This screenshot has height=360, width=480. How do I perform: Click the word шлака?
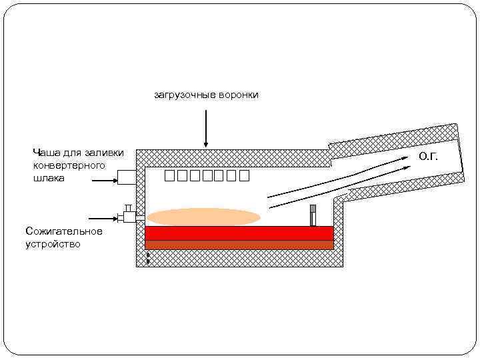coord(49,178)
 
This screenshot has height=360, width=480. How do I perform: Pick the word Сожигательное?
coord(63,231)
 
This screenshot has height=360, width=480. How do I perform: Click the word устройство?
coord(53,244)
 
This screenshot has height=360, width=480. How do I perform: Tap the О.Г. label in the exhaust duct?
coord(428,157)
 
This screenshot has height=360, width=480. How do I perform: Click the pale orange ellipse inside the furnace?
coord(203,217)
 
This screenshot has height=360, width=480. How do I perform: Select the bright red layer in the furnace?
coord(239,233)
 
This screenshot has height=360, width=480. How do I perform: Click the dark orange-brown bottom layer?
coord(239,245)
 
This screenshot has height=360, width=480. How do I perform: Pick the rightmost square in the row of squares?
coord(243,176)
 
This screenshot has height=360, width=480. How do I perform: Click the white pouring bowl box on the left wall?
coord(127,177)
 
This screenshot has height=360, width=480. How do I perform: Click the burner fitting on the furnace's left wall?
coord(129,216)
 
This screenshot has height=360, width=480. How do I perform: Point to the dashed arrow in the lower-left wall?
coord(147,258)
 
